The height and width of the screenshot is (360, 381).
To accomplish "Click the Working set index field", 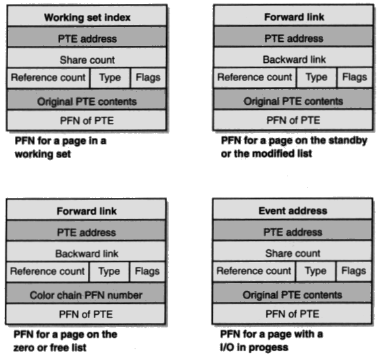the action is click(87, 16).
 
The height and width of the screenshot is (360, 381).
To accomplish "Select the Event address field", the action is click(293, 209).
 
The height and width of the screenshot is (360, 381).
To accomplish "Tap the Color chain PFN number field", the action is click(86, 293).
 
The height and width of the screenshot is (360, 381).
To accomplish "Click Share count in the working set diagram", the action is click(87, 58).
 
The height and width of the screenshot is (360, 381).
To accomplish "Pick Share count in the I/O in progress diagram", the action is click(293, 251).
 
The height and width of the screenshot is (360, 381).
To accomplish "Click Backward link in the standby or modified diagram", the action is click(294, 57).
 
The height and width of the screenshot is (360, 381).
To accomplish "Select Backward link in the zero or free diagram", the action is click(86, 252).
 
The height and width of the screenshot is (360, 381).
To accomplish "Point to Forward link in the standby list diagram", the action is click(294, 15).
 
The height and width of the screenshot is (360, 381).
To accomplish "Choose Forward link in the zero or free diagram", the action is click(86, 209).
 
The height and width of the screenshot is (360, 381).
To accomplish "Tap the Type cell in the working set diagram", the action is click(110, 78).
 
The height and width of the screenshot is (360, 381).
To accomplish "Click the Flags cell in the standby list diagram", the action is click(355, 78).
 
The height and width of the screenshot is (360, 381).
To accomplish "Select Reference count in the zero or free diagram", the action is click(47, 272).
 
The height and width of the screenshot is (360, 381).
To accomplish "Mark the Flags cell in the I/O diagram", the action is click(353, 272).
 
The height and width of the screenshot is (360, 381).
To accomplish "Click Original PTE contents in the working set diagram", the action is click(87, 99).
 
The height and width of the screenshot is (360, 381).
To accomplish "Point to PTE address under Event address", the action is click(293, 230).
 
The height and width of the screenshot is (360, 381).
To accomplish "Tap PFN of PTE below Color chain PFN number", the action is click(86, 314).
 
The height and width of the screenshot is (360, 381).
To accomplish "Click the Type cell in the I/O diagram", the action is click(315, 272).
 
